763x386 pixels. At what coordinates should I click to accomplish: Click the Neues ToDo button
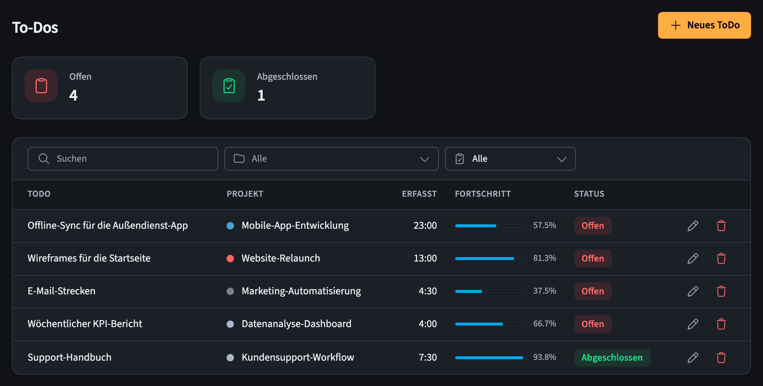pos(704,25)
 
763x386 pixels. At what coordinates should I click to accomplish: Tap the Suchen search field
pos(123,159)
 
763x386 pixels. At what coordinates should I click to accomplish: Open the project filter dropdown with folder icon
pos(331,159)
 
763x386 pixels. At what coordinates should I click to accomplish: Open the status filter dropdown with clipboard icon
pos(510,159)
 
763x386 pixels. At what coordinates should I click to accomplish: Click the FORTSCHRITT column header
pos(483,194)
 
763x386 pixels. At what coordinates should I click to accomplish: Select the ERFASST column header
pos(419,194)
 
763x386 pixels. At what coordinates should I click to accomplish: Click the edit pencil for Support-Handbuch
pos(693,357)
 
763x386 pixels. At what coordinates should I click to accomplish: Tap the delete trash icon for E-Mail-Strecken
pos(721,291)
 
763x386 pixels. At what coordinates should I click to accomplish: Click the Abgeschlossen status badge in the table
pos(612,357)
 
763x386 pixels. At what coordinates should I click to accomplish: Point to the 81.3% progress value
pos(544,258)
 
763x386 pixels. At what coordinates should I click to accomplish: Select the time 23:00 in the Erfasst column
pos(425,226)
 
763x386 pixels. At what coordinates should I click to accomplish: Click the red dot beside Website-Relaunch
pos(230,259)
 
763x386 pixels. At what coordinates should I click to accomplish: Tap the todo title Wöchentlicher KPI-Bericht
pos(85,323)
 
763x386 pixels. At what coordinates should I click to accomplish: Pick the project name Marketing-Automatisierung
pos(301,291)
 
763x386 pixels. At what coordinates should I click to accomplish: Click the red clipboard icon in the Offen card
pos(41,86)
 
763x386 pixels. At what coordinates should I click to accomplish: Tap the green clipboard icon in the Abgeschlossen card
pos(229,86)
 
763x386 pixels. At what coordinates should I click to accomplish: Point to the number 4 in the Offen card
pos(73,95)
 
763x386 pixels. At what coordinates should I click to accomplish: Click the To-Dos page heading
pos(35,28)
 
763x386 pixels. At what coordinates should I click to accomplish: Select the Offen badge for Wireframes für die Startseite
pos(593,259)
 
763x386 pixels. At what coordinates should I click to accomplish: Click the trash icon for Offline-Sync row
pos(721,226)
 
